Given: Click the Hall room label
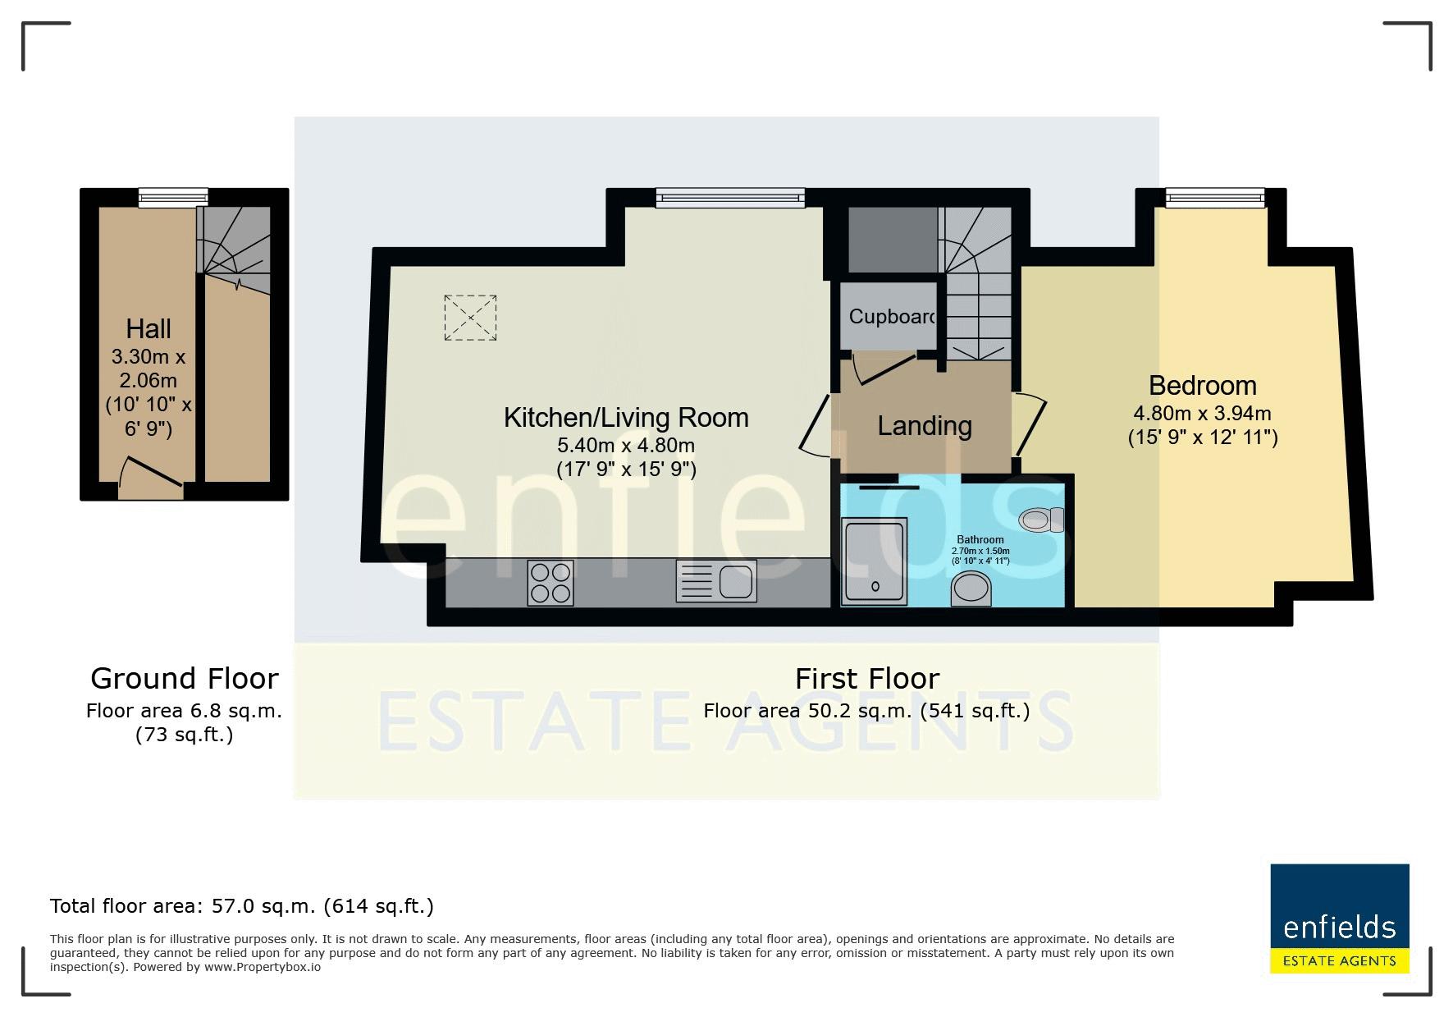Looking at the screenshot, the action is pyautogui.click(x=148, y=329).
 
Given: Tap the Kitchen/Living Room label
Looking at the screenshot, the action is pyautogui.click(x=626, y=418).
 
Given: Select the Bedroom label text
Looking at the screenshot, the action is pyautogui.click(x=1203, y=385).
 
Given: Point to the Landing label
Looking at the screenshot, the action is pyautogui.click(x=925, y=425).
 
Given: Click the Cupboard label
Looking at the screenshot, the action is pyautogui.click(x=893, y=316).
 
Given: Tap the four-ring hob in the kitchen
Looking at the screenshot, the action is pyautogui.click(x=551, y=582).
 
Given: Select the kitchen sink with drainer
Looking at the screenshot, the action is pyautogui.click(x=716, y=581).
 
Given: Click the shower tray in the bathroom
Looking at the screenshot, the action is pyautogui.click(x=875, y=561).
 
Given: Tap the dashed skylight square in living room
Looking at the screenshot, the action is pyautogui.click(x=470, y=318).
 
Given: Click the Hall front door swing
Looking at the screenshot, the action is pyautogui.click(x=150, y=477).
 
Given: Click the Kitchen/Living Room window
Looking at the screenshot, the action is pyautogui.click(x=730, y=197).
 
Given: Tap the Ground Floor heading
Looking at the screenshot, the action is pyautogui.click(x=185, y=679).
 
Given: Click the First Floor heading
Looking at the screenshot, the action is pyautogui.click(x=867, y=679).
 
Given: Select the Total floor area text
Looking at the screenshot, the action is pyautogui.click(x=242, y=906).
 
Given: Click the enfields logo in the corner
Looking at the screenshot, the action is pyautogui.click(x=1340, y=919).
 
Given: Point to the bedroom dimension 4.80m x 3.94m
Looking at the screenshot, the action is pyautogui.click(x=1203, y=413).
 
